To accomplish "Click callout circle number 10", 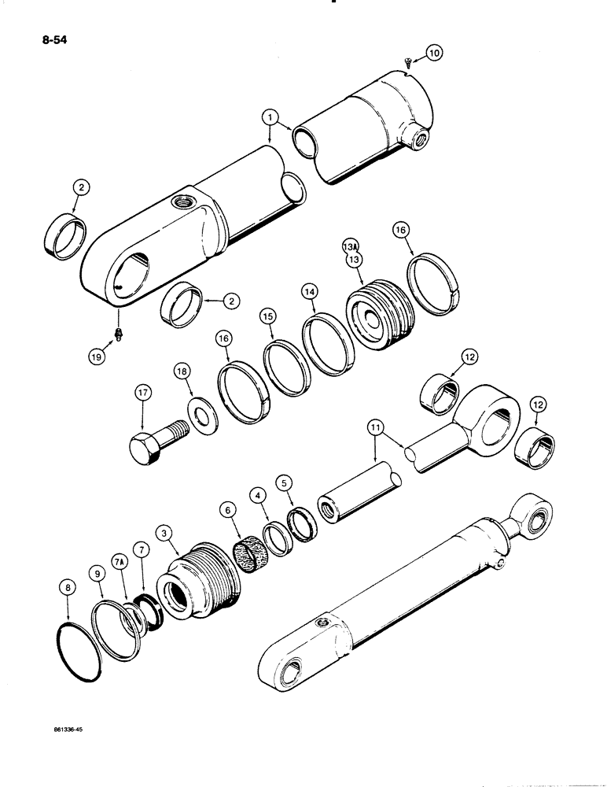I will click(x=433, y=53).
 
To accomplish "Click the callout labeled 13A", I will click(x=350, y=246).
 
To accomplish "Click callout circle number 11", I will click(x=376, y=428).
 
